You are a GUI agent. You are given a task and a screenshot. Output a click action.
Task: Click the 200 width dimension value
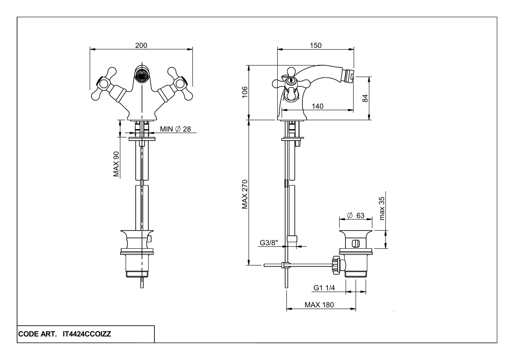141,45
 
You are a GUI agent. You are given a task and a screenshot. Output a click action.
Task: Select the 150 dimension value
316,45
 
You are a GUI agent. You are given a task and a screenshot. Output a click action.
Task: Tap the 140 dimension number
318,106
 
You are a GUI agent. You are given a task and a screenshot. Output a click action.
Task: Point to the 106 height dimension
245,92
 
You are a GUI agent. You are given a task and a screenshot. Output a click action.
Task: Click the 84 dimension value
365,98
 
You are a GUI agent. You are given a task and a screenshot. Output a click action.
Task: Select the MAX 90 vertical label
116,164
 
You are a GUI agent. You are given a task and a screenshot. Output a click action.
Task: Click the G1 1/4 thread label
324,288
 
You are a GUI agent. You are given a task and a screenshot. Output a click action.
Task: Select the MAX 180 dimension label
319,305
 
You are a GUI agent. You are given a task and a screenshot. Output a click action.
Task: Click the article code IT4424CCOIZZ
87,335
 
